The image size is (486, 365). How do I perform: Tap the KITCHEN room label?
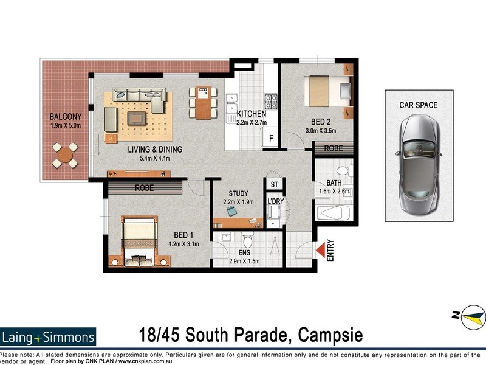click(251, 114)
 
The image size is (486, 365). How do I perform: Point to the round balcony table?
click(64, 155)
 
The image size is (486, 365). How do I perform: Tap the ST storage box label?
click(274, 184)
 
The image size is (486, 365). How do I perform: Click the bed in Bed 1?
click(139, 242)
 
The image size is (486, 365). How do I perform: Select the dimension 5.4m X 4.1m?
click(146, 159)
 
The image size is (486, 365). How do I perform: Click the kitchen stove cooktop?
click(270, 99)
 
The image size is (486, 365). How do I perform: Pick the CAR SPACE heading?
click(418, 105)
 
